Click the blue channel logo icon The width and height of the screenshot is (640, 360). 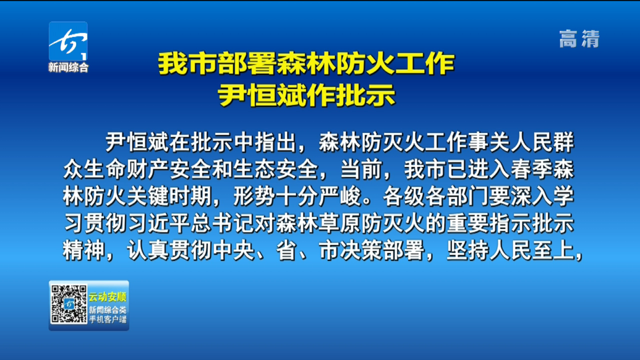click(68, 41)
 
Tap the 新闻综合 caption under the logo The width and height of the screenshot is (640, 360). click(68, 67)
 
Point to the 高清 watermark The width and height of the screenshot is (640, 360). click(579, 39)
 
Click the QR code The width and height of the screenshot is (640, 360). click(69, 304)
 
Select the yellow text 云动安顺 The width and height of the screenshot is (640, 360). click(108, 297)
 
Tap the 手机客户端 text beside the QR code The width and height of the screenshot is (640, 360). click(108, 319)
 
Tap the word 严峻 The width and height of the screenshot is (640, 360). click(340, 196)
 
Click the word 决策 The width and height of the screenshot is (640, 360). click(361, 251)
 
